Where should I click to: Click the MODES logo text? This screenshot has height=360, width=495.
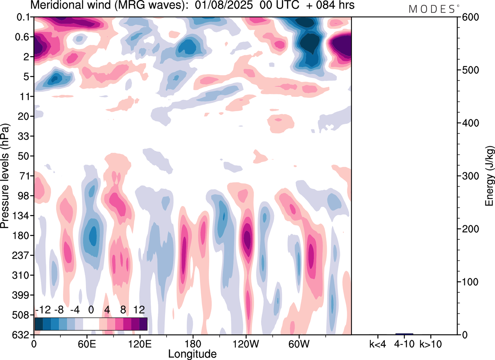point(432,9)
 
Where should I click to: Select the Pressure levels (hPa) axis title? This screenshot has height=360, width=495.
point(5,176)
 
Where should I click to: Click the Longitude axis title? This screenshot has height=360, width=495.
point(192,353)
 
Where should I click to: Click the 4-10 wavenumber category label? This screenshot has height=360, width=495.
point(405,343)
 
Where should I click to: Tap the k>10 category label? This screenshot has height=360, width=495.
point(431,343)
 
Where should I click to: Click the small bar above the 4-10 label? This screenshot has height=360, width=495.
point(405,334)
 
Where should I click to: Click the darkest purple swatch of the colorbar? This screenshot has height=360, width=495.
point(143,324)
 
